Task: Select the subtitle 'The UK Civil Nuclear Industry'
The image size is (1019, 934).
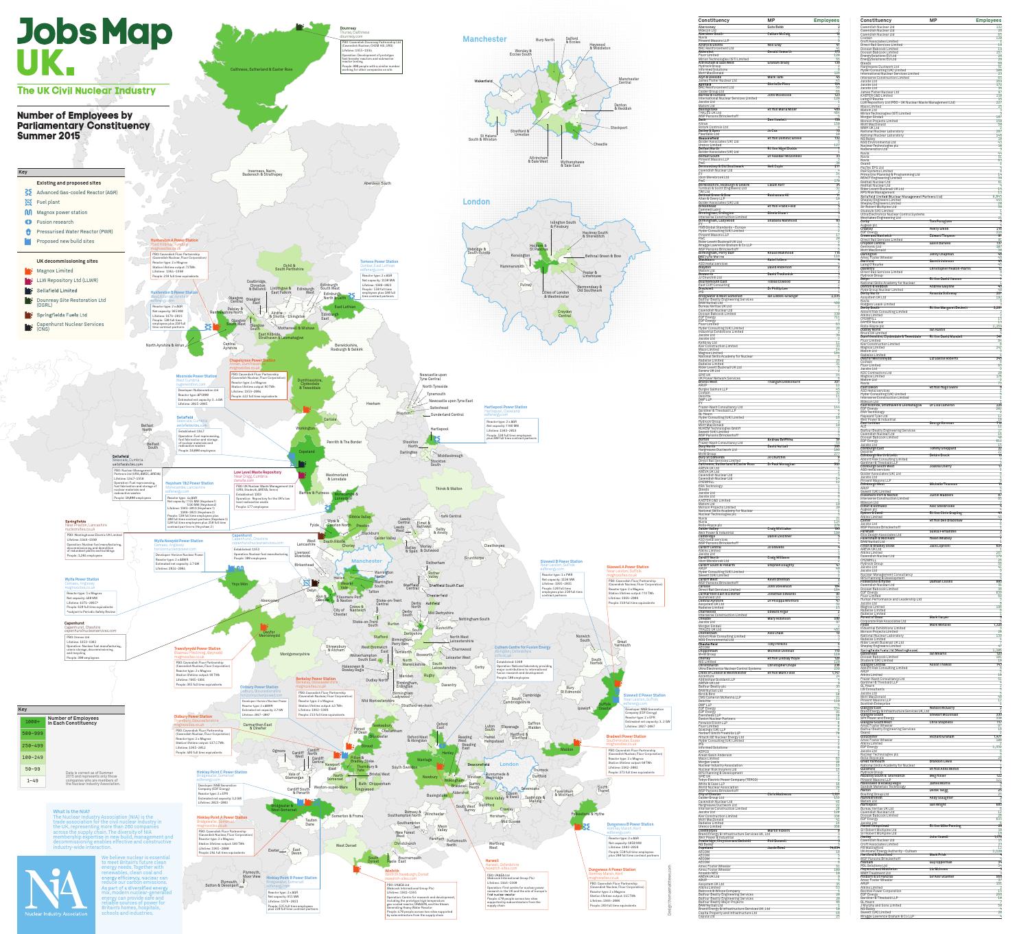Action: pyautogui.click(x=86, y=91)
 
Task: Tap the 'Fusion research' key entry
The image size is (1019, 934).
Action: pyautogui.click(x=55, y=222)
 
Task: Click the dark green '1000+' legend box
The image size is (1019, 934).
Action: pyautogui.click(x=32, y=722)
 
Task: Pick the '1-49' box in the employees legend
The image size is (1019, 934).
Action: pyautogui.click(x=32, y=780)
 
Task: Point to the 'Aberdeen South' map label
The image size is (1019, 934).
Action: pyautogui.click(x=377, y=183)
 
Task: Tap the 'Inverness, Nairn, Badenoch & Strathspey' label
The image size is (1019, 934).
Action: pyautogui.click(x=255, y=173)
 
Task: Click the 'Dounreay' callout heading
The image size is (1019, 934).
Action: pyautogui.click(x=349, y=28)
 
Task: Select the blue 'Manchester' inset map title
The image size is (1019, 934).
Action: pyautogui.click(x=484, y=39)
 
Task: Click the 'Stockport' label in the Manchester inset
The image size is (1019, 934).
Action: pyautogui.click(x=619, y=128)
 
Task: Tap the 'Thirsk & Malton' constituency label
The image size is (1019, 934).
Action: pyautogui.click(x=449, y=488)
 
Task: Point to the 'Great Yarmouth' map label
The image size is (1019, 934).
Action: pyautogui.click(x=622, y=643)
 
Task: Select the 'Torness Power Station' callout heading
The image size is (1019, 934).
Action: pyautogui.click(x=378, y=261)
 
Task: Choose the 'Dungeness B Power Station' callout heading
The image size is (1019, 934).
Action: pyautogui.click(x=631, y=824)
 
